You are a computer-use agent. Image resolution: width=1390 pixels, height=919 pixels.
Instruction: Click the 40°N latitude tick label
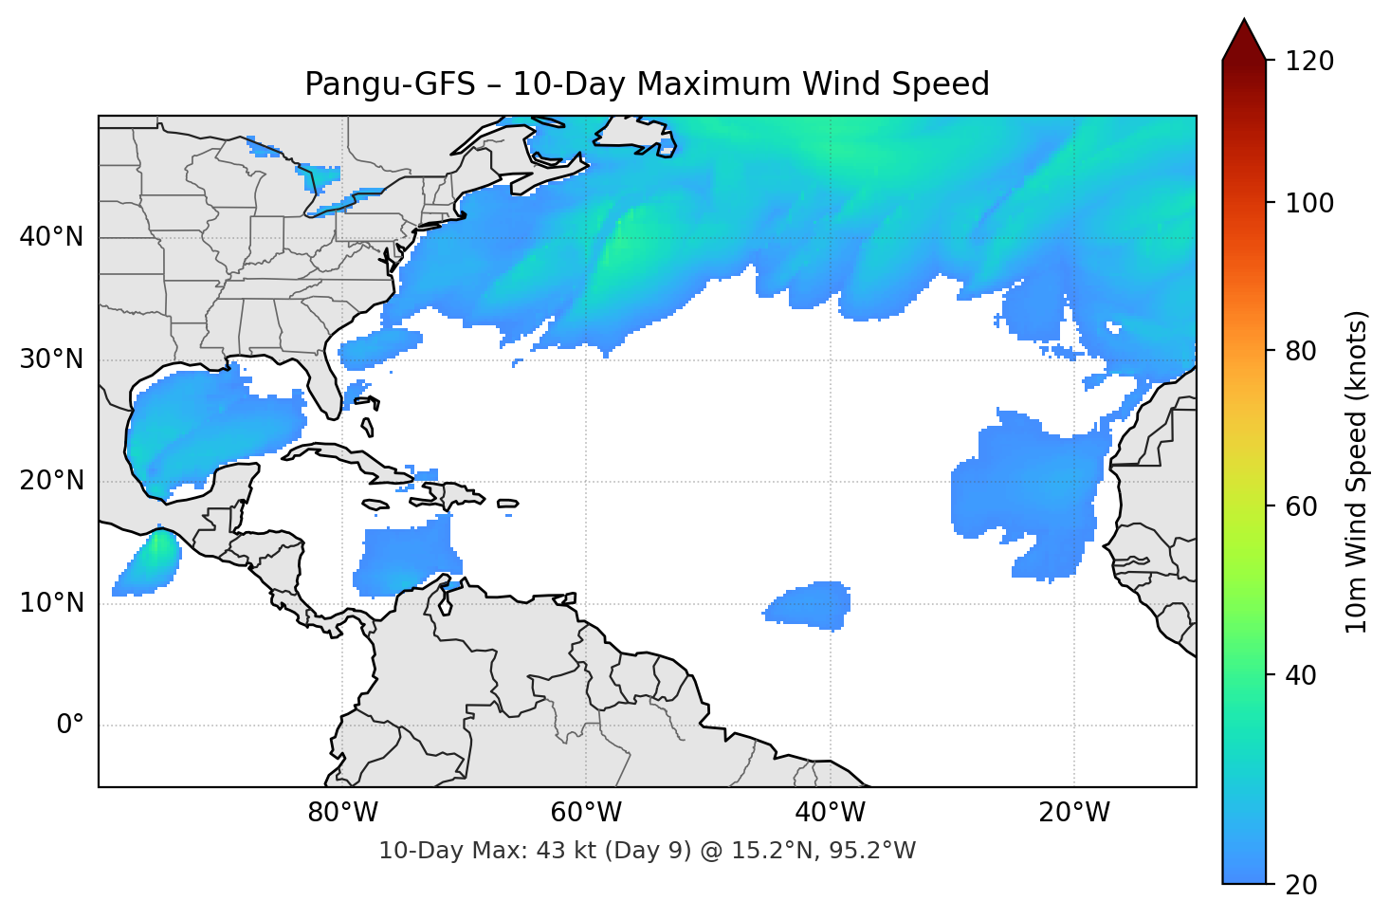51,237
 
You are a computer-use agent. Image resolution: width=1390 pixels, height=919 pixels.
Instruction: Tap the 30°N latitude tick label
51,359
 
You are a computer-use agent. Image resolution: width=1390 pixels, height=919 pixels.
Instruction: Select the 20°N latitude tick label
51,481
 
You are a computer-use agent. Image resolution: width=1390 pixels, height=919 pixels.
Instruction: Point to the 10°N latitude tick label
51,603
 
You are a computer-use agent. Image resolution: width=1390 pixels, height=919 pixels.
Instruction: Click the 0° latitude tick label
69,726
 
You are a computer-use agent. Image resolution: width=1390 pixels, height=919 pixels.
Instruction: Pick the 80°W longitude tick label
342,813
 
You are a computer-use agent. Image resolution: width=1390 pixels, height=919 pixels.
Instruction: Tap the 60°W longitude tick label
586,813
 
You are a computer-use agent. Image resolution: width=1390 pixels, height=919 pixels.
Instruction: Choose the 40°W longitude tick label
830,813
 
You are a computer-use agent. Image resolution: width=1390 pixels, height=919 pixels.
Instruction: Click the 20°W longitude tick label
1073,813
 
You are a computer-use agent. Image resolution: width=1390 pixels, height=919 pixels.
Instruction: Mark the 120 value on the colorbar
1309,62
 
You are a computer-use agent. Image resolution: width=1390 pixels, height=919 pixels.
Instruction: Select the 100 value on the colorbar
1309,203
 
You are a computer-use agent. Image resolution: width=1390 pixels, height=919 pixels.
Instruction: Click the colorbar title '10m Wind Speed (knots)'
1358,471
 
